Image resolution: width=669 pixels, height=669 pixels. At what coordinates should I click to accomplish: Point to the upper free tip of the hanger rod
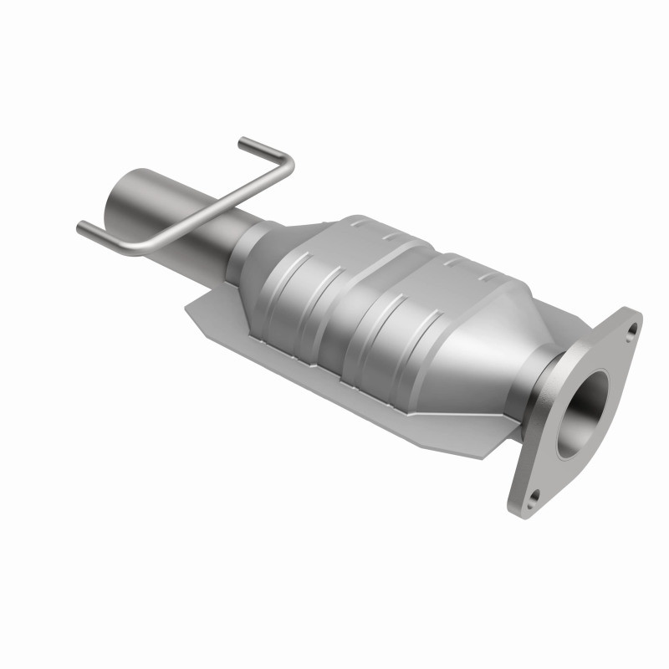(242, 143)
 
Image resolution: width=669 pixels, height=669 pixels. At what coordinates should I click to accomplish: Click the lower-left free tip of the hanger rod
(82, 227)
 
